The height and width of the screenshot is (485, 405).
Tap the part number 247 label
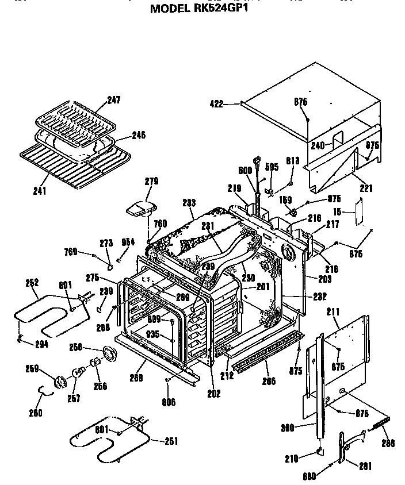point(113,100)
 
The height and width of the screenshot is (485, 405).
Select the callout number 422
point(216,104)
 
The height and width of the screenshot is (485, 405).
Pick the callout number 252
point(33,282)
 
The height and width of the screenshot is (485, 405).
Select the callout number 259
point(33,368)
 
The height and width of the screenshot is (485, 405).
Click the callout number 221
point(366,188)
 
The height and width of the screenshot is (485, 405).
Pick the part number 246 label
point(138,136)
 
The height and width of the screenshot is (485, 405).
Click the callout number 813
point(292,161)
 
